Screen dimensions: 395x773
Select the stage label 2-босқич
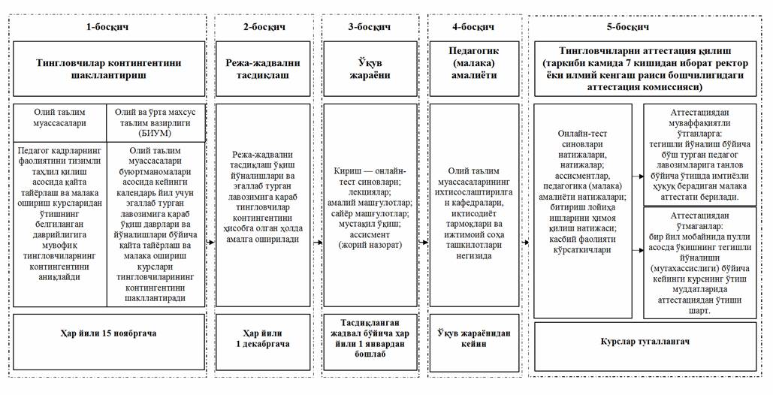point(262,27)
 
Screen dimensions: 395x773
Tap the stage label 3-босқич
point(369,27)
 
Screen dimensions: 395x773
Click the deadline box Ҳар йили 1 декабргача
point(262,338)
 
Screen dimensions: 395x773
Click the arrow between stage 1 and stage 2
point(210,243)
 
